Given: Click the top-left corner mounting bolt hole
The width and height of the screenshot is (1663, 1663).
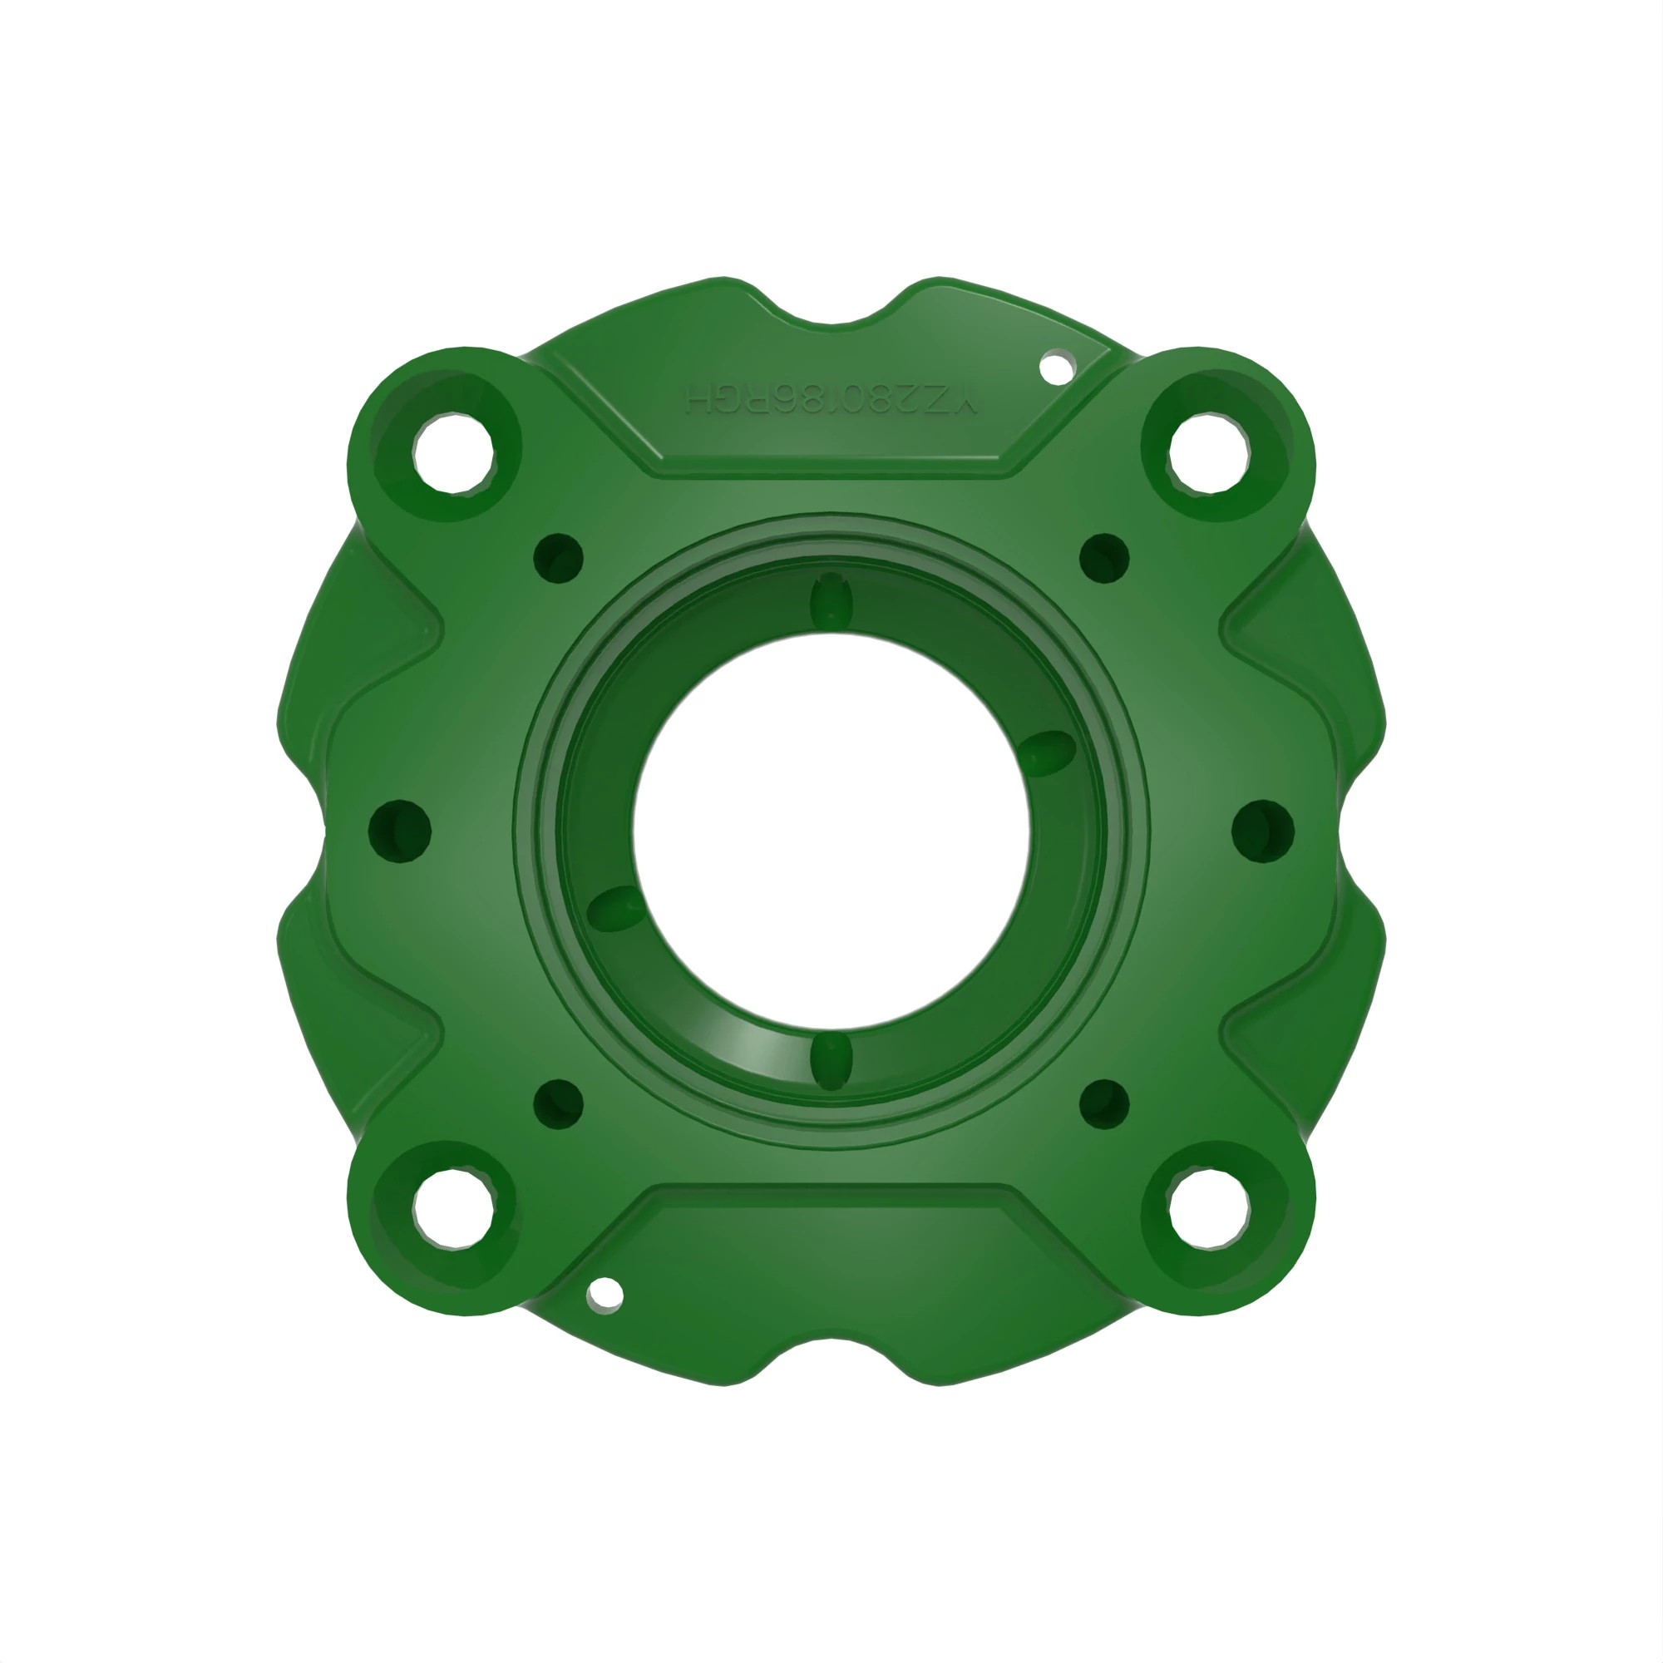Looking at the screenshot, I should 454,454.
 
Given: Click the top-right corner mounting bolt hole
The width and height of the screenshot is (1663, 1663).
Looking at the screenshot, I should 1208,454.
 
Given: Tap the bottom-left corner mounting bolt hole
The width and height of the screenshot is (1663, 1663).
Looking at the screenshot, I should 454,1208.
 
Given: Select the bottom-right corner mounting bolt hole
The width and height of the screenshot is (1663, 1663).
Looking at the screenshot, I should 1208,1208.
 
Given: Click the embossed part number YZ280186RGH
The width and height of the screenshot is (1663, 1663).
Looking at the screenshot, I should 831,399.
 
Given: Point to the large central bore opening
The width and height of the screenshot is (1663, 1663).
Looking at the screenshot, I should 831,831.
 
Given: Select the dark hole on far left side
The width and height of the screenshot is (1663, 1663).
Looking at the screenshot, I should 399,831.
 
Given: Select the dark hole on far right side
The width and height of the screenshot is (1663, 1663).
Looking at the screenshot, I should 1263,831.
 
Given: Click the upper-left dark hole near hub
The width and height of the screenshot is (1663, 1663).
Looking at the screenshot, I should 559,559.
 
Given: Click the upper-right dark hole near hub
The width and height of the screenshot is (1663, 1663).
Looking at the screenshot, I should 1104,559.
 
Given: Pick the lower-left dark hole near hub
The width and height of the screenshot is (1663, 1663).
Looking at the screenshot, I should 559,1104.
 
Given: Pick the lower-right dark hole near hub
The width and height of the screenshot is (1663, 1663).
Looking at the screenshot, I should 1104,1104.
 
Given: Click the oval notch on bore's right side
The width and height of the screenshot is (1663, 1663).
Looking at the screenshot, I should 1051,749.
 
